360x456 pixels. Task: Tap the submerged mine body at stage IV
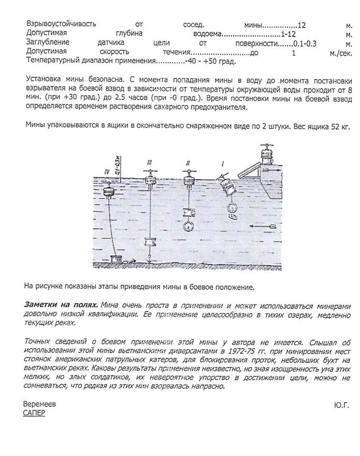point(109,192)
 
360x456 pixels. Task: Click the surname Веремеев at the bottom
point(40,404)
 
